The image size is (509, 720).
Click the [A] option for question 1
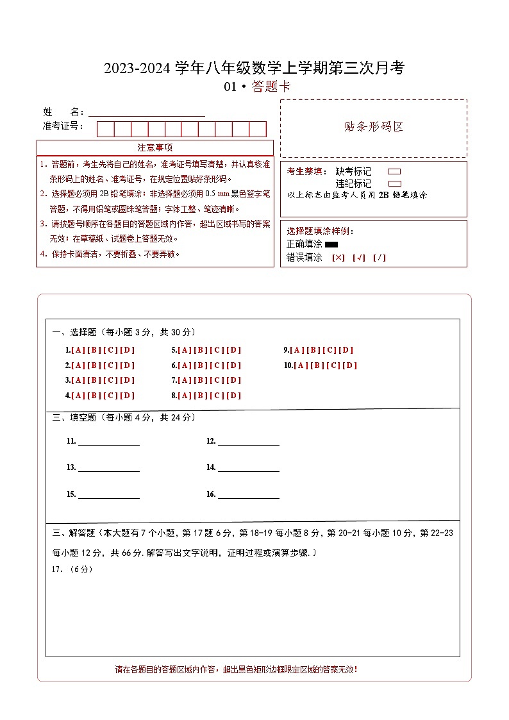click(x=78, y=350)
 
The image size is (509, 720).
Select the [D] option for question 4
click(x=128, y=396)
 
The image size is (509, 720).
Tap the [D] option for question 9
click(x=346, y=350)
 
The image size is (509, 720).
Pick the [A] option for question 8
click(x=185, y=396)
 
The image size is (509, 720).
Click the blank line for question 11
click(x=108, y=442)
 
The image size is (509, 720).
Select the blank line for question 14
click(x=248, y=468)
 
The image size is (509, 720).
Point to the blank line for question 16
click(x=248, y=495)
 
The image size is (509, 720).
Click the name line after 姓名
click(x=147, y=112)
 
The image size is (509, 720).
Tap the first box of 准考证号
click(x=105, y=129)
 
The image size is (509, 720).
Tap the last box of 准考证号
click(x=258, y=129)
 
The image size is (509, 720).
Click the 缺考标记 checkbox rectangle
click(x=394, y=172)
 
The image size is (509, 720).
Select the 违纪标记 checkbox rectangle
click(x=394, y=183)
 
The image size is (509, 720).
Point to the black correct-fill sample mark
click(x=331, y=244)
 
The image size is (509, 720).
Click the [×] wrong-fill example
click(x=338, y=258)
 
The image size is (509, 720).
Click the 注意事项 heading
click(x=155, y=147)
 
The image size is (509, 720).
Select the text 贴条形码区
click(x=374, y=126)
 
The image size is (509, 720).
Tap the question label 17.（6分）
click(x=72, y=569)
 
